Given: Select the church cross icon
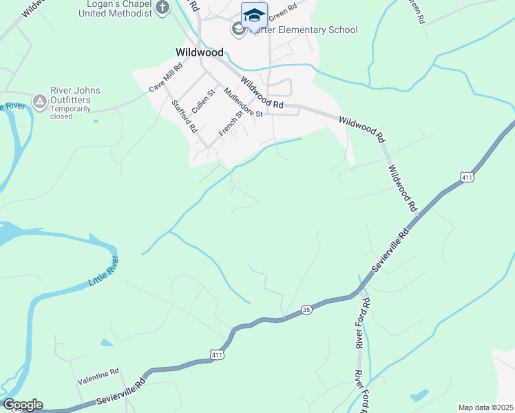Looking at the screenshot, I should tap(162, 8).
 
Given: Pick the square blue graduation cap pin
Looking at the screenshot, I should tap(254, 15).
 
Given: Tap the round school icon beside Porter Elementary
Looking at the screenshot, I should tap(238, 29).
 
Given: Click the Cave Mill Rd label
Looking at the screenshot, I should tap(166, 78).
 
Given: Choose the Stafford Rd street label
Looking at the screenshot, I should tap(185, 116).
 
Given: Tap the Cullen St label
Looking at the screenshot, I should tap(204, 100).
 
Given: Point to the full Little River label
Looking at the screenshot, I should tap(104, 273).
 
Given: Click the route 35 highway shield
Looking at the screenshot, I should tap(306, 310).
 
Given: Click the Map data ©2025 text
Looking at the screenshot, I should tap(485, 407).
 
